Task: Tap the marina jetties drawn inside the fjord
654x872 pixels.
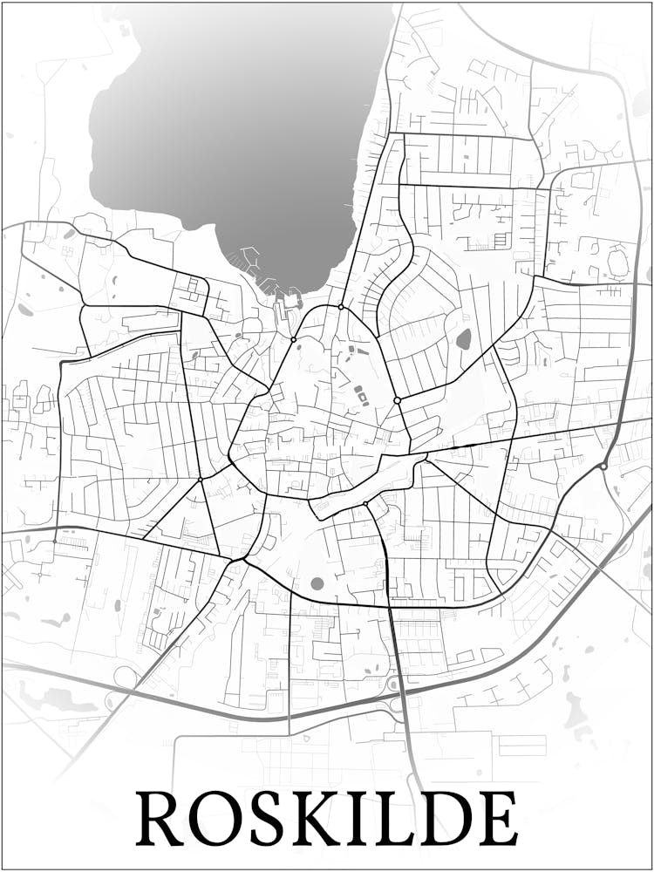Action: [250, 259]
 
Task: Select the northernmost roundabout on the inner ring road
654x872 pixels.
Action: [341, 307]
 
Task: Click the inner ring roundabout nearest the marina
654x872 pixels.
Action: [294, 339]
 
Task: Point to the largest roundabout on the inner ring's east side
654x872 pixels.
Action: [397, 400]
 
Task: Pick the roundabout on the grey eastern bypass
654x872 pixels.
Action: [603, 467]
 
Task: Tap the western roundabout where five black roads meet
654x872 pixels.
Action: [200, 479]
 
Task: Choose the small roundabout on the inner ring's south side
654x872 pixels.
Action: [364, 504]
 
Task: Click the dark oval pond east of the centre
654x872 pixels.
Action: [464, 338]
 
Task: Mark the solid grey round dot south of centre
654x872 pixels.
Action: [317, 583]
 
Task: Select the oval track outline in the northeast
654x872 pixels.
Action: [617, 261]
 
